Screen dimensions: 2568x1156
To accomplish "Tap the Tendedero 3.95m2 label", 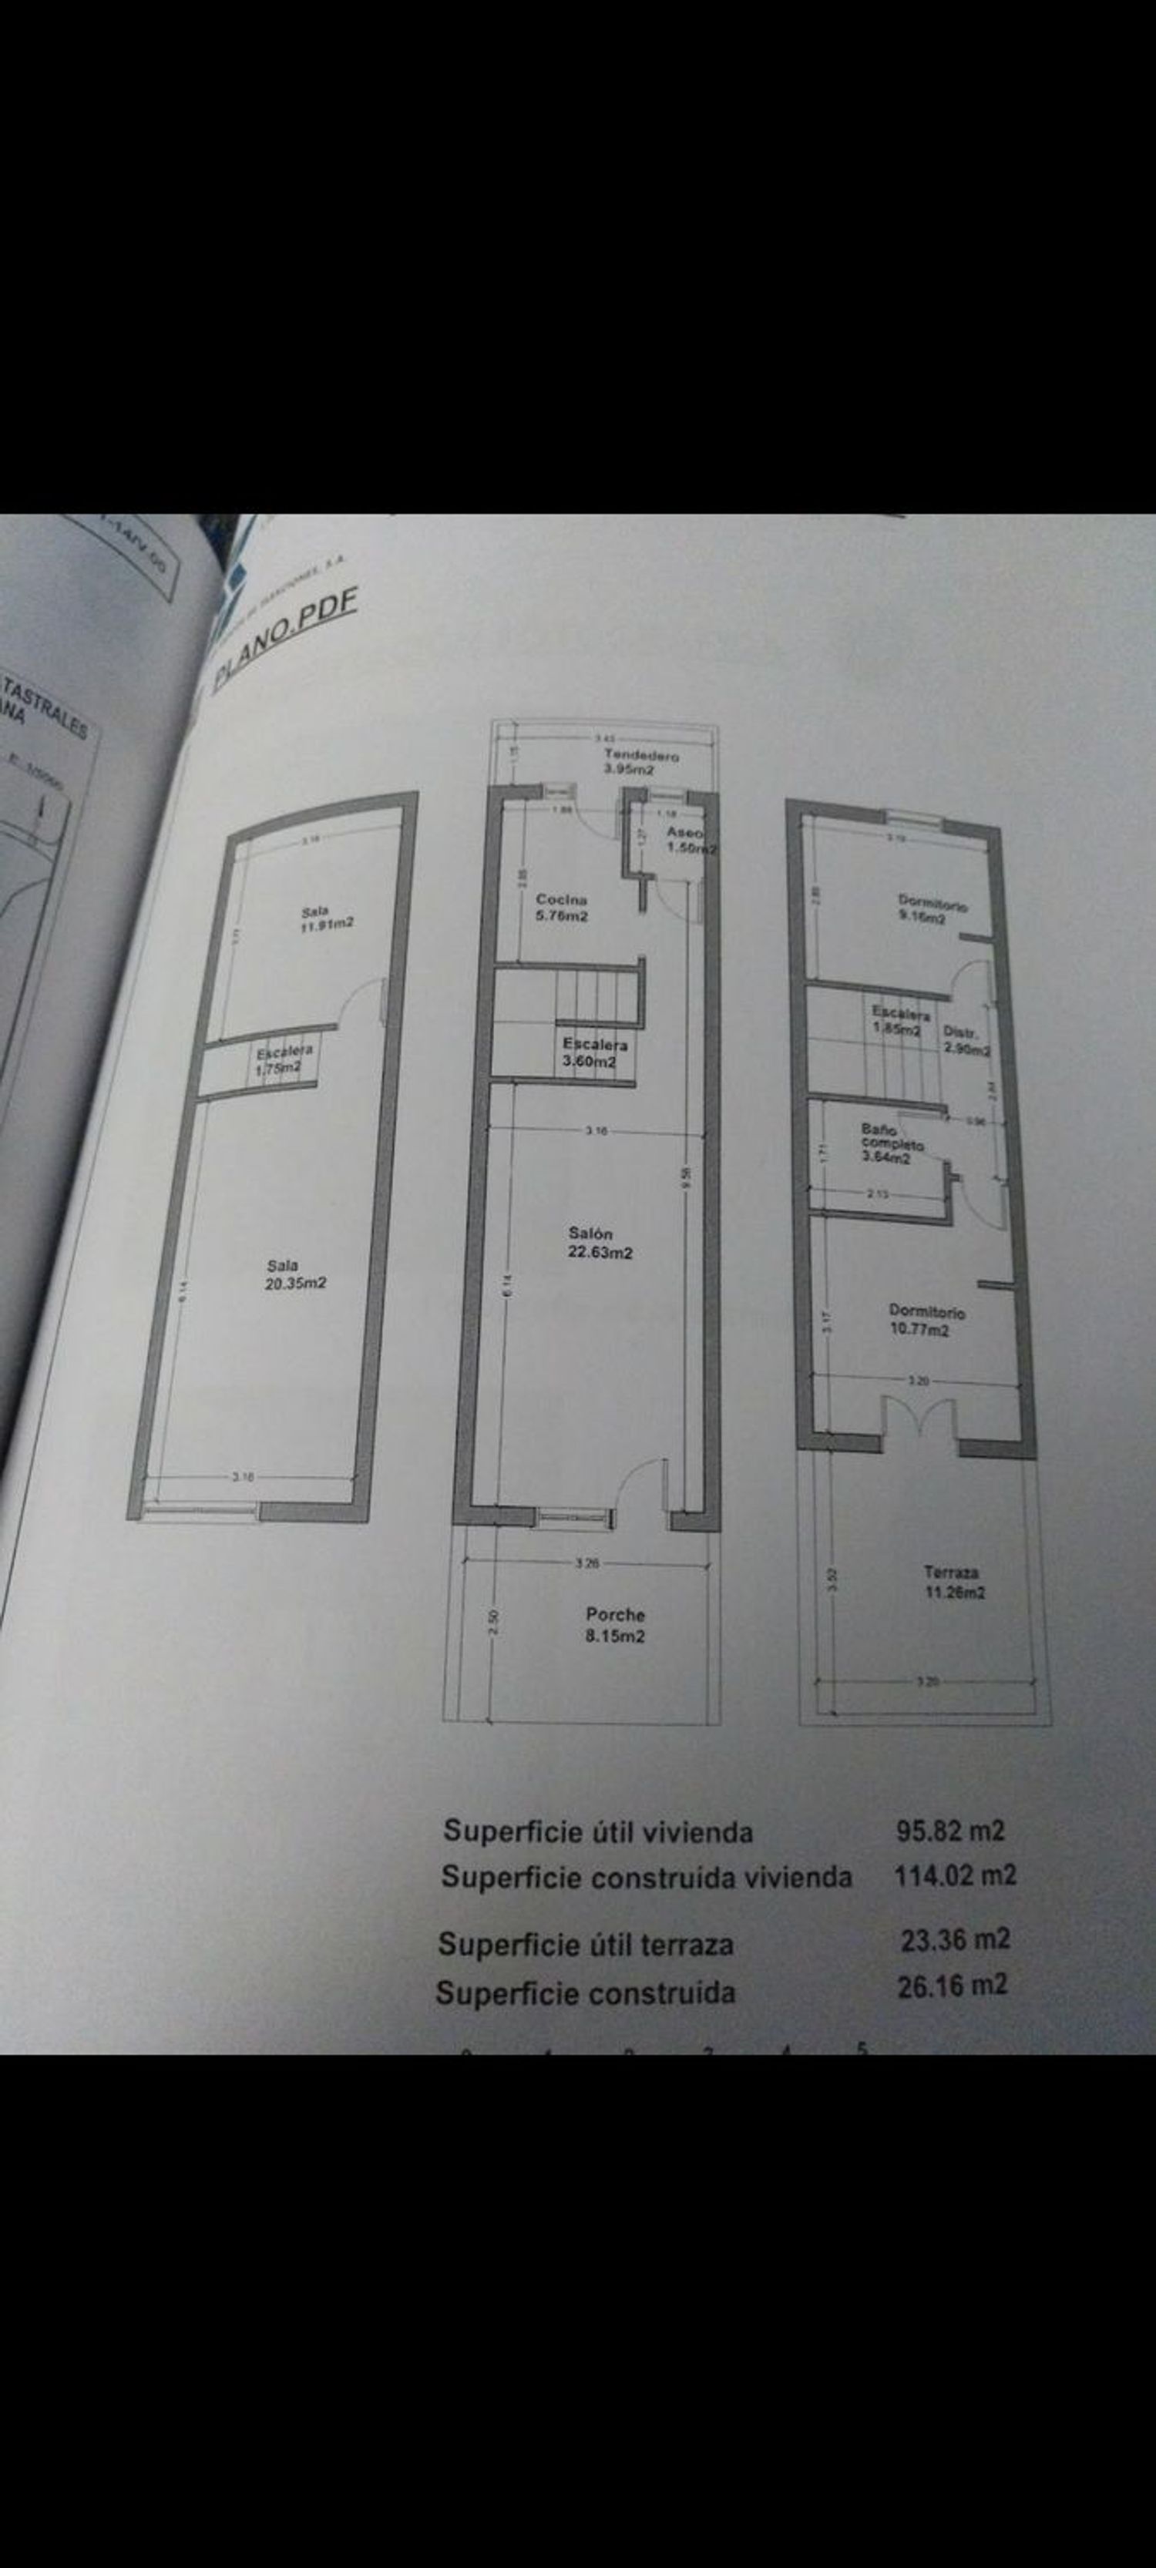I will [x=641, y=763].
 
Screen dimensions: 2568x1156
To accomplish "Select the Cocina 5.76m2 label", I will [x=562, y=907].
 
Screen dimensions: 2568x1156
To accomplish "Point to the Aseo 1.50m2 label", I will [x=691, y=841].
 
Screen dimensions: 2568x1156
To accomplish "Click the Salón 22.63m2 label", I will [x=600, y=1243].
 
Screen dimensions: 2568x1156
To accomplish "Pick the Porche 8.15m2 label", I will [x=614, y=1625].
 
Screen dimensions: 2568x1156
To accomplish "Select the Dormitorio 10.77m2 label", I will [x=926, y=1321].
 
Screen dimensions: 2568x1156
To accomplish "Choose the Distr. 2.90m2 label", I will [x=966, y=1042].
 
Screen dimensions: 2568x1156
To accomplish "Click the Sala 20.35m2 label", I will [x=294, y=1274].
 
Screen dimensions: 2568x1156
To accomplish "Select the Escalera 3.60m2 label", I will [x=594, y=1052].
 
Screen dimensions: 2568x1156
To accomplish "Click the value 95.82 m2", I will [x=949, y=1831].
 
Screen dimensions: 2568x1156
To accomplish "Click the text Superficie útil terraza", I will [x=586, y=1944].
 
